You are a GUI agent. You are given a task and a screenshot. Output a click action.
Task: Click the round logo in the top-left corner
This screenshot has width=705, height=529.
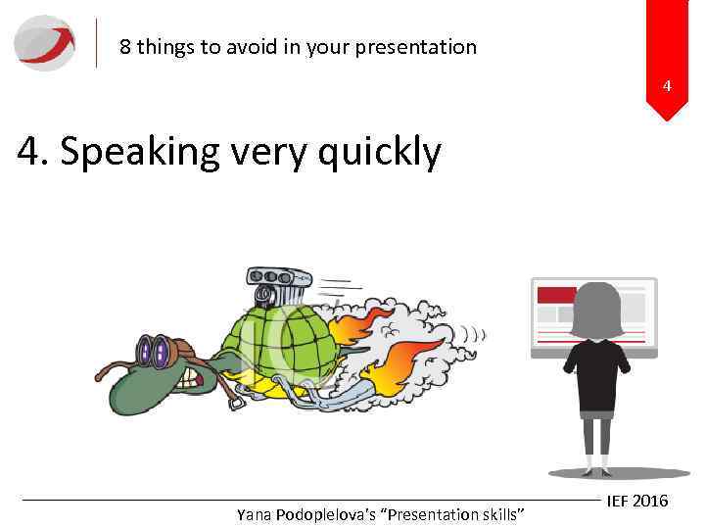(44, 43)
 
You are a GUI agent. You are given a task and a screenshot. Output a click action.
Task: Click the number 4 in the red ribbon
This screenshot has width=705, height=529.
(667, 86)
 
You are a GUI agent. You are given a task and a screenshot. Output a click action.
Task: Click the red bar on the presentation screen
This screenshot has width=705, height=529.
(557, 295)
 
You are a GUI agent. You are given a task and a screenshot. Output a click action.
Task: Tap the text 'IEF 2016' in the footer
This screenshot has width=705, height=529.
(637, 501)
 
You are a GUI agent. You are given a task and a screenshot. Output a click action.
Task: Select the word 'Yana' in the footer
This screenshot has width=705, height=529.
(255, 514)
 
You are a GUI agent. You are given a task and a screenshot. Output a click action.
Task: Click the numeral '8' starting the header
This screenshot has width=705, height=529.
(125, 47)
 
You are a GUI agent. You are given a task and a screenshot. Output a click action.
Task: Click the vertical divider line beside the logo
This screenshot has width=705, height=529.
(97, 43)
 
